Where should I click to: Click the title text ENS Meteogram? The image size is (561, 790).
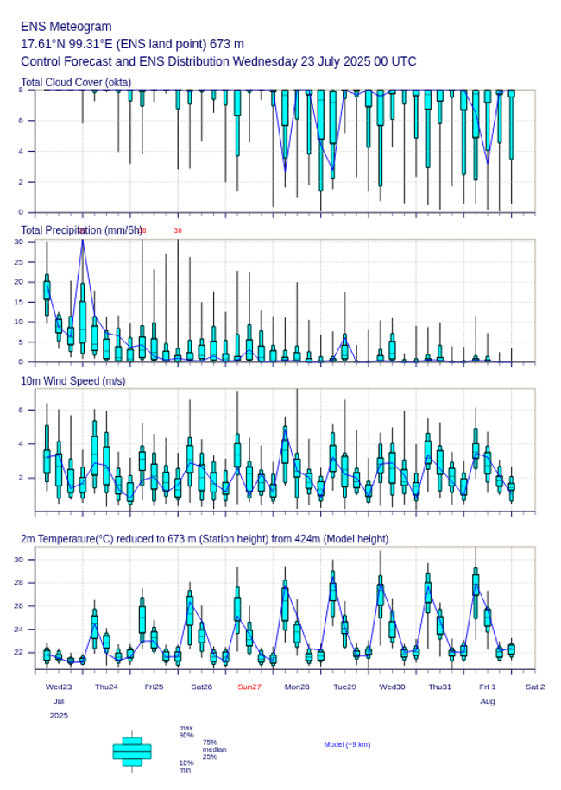coord(66,27)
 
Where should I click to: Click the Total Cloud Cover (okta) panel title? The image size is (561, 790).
coord(75,83)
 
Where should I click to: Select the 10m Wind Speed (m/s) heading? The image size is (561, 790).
coord(72,380)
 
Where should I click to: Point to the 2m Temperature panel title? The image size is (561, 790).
coord(205,539)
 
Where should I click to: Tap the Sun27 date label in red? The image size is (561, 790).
coord(249,687)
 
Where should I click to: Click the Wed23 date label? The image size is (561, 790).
coord(59,687)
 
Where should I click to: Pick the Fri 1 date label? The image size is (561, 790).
coord(488,687)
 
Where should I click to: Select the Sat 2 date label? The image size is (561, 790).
coord(535,687)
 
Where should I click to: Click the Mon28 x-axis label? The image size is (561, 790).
coord(297,687)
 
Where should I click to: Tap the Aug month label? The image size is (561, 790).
coord(488,701)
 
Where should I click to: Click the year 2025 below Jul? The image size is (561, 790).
coord(59,716)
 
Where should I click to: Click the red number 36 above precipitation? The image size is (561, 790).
coord(178,230)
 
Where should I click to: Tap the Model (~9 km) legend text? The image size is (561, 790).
coord(347,744)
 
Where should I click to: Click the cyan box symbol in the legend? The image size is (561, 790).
coord(132,751)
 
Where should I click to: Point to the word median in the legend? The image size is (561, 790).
coord(214,749)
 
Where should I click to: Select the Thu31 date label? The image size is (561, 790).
coord(440,687)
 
